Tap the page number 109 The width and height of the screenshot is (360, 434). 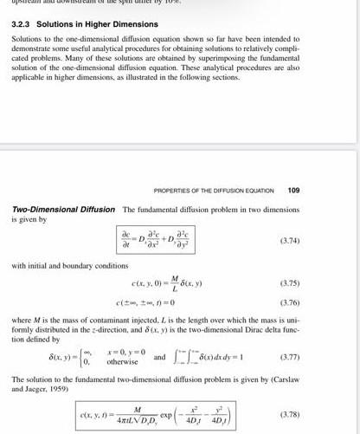click(293, 190)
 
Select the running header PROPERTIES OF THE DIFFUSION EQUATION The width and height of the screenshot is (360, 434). click(212, 190)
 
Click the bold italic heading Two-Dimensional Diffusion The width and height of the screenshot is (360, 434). click(64, 211)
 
